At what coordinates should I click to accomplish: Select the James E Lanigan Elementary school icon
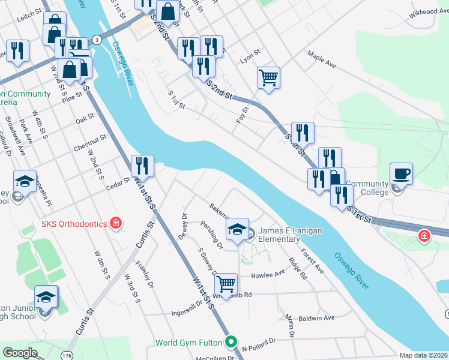238,229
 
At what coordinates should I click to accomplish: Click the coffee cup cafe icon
401,175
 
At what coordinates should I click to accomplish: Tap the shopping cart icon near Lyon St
268,77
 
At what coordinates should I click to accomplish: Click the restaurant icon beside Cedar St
142,166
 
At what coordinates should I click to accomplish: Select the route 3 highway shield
96,40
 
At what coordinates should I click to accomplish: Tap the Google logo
20,352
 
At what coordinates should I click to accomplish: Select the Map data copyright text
424,355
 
